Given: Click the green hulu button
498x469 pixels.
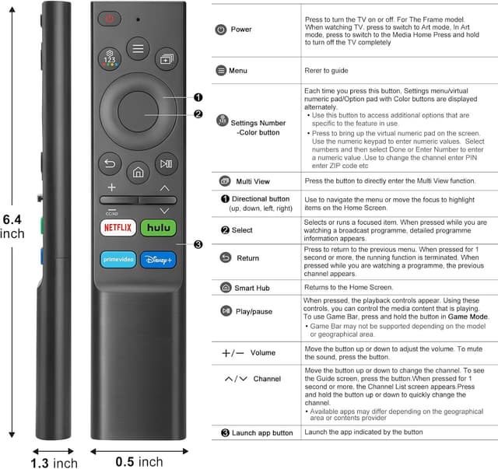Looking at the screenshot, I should click(x=158, y=228).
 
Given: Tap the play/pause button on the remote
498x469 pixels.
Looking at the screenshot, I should click(x=165, y=163).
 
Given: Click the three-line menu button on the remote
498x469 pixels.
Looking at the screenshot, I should click(x=138, y=48).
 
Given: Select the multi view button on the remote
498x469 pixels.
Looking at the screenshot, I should click(x=167, y=59).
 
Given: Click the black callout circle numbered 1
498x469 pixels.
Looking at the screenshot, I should click(x=198, y=97).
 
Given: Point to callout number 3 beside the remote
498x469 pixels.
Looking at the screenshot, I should click(x=198, y=244).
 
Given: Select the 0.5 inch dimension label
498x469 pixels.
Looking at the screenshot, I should click(x=139, y=461).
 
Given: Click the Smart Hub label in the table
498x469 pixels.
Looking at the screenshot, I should click(x=255, y=288).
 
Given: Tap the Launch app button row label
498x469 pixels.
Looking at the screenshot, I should click(x=262, y=432).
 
